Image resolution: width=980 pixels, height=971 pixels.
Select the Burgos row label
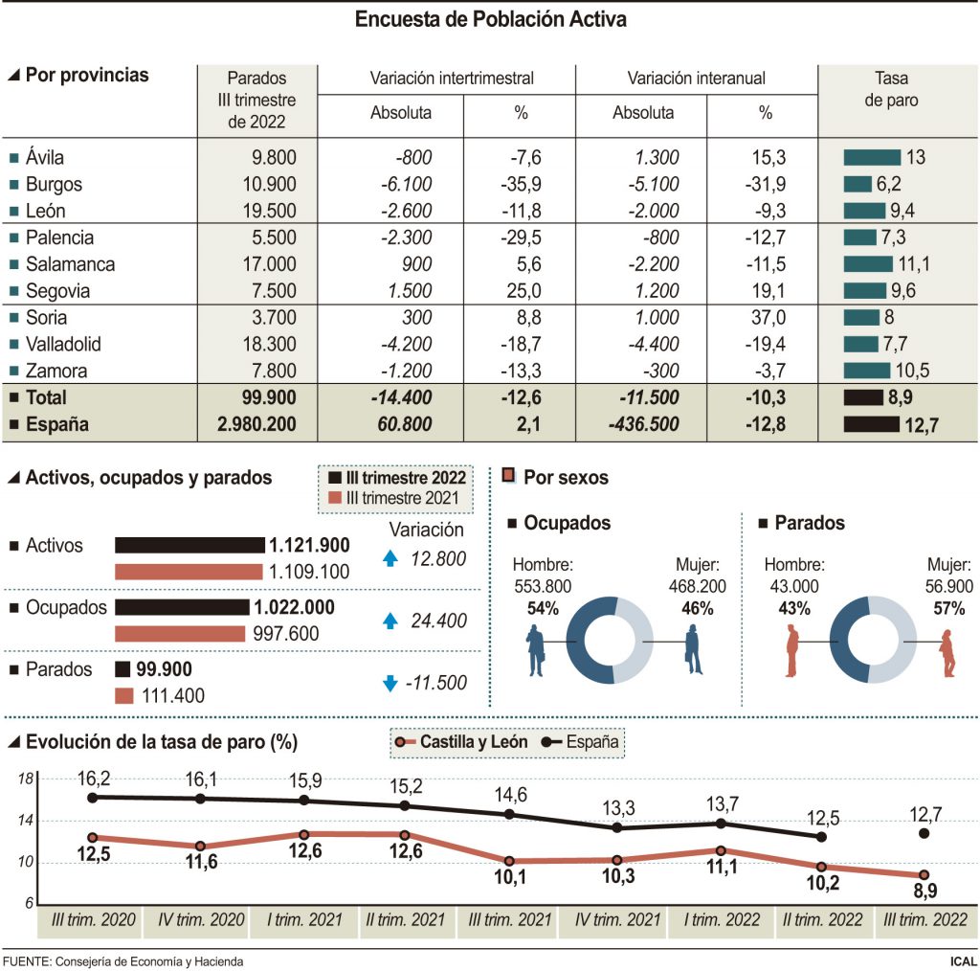(x=55, y=185)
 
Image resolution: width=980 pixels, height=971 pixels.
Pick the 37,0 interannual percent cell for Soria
(x=766, y=318)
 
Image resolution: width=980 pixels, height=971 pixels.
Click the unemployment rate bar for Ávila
(x=872, y=158)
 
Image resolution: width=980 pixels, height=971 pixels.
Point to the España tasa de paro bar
(x=871, y=424)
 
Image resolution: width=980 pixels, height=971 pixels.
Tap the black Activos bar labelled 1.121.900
(x=189, y=545)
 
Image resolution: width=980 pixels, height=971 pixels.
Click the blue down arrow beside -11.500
(x=390, y=683)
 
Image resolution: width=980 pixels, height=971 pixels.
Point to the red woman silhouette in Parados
(x=947, y=653)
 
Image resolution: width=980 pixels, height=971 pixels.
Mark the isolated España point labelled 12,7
(x=924, y=834)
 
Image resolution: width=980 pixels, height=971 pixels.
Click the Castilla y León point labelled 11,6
(x=199, y=846)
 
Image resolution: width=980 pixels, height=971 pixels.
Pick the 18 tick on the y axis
(x=26, y=779)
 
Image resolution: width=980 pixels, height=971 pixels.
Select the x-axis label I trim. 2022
(x=721, y=920)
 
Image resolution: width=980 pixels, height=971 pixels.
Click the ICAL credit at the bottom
(x=962, y=960)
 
